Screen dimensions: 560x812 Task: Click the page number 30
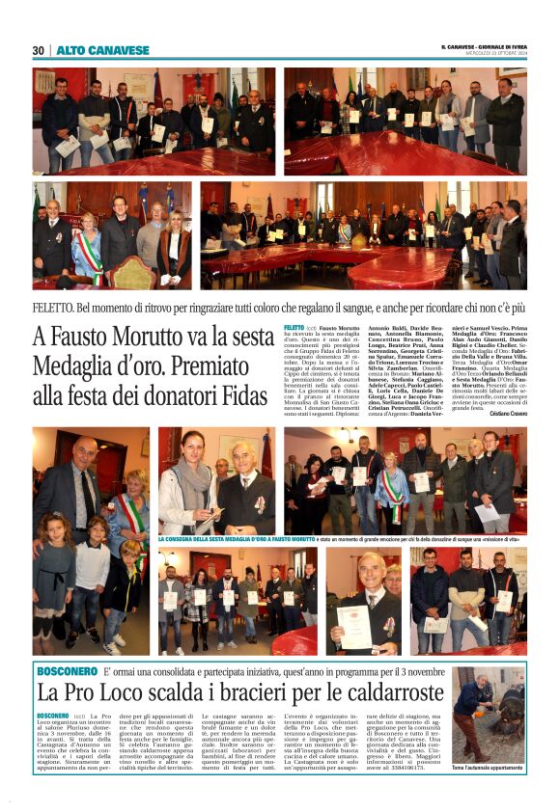click(39, 50)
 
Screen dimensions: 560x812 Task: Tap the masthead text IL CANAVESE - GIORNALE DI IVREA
click(483, 46)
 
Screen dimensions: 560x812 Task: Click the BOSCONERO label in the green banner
click(68, 670)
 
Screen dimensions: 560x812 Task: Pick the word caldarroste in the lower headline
click(378, 692)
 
